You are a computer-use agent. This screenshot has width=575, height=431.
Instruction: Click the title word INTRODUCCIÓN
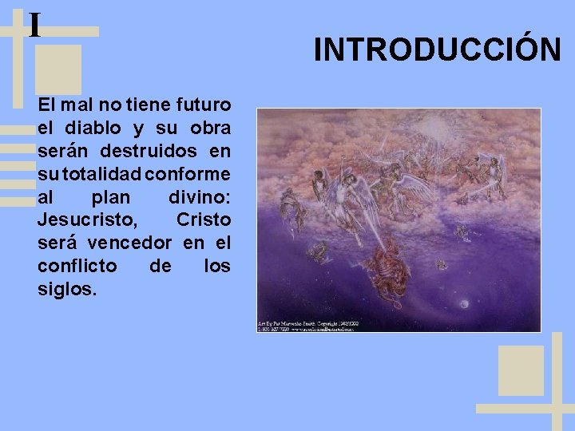437,49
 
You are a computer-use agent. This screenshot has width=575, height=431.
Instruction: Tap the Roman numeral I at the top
34,25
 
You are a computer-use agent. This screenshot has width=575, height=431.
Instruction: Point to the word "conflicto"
77,266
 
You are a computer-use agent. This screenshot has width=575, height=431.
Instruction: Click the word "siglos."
67,289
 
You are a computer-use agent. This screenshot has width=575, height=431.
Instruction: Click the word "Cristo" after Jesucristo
203,219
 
